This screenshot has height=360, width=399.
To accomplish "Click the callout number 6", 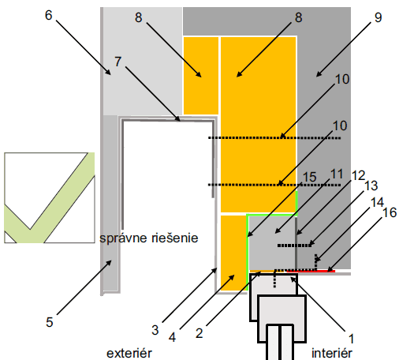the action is point(49,15).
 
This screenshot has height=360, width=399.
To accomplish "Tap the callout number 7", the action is point(118,62).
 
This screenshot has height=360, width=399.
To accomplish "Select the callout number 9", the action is point(378,17).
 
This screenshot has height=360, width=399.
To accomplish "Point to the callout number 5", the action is point(50,322).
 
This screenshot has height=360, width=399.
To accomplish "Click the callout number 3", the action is point(155,330).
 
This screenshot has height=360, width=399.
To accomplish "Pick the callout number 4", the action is point(172,337).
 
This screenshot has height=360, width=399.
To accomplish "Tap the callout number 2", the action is point(199,333).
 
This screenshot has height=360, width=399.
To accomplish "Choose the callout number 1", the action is point(351,339).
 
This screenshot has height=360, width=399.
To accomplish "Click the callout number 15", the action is point(309,177).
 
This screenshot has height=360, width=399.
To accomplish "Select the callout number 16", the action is point(390,212).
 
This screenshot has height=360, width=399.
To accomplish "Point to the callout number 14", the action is point(378,203).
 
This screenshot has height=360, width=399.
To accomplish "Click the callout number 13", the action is point(371,186).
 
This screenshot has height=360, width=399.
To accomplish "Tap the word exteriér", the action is point(129,353).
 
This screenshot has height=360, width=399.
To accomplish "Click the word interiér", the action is point(332,353).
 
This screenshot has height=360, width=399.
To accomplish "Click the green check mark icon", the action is point(50,197).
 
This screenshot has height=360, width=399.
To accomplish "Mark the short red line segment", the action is point(311,271).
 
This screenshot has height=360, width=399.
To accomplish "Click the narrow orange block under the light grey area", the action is point(201,76).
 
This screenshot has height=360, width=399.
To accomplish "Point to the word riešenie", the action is point(175,238).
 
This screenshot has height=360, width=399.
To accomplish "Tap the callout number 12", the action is point(359,176).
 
